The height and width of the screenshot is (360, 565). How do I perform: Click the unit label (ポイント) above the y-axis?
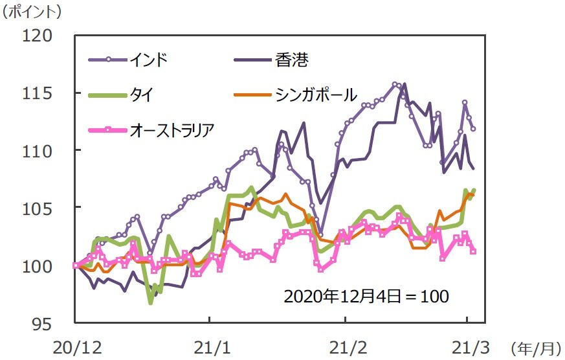click(32, 11)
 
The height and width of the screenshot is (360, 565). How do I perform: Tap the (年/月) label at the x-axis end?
click(535, 348)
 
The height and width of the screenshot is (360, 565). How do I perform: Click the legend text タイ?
click(141, 95)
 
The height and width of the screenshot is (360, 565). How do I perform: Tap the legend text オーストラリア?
click(172, 131)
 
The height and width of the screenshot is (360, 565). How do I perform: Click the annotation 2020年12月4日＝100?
click(366, 296)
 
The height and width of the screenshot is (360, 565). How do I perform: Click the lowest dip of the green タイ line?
click(151, 302)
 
